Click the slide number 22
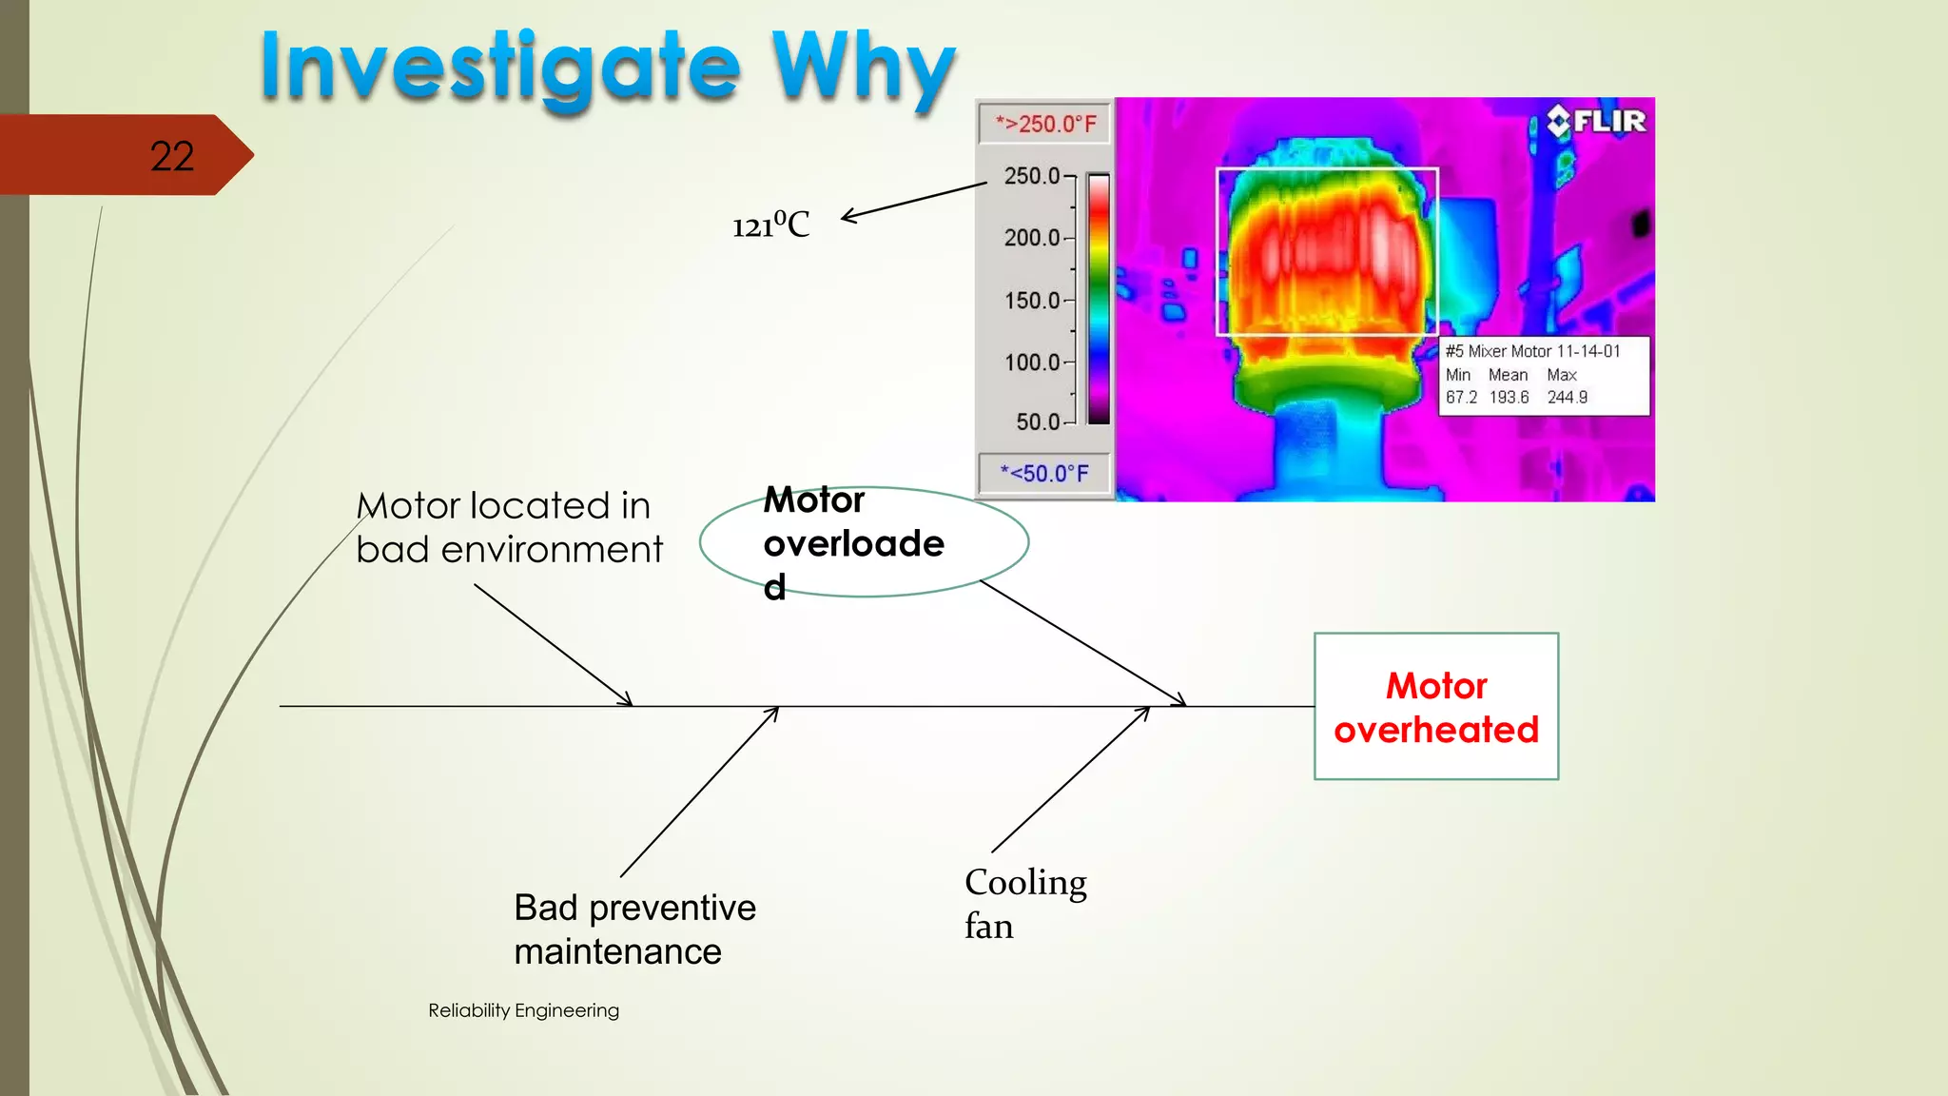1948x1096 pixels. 172,156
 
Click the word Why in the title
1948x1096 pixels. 862,68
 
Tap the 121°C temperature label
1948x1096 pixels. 771,225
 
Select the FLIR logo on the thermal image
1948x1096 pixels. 1597,122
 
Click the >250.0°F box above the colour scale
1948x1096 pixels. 1045,124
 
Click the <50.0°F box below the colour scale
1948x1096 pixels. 1044,473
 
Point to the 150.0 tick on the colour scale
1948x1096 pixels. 1033,301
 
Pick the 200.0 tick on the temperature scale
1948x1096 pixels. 1033,238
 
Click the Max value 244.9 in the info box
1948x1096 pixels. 1567,398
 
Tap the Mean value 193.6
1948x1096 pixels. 1509,398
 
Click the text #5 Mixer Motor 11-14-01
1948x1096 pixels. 1532,351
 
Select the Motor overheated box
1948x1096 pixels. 1435,707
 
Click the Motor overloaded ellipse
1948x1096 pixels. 864,542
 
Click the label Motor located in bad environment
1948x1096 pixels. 508,527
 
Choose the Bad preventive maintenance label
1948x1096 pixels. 634,930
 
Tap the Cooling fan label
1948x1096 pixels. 1024,903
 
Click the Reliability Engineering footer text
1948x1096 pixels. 523,1010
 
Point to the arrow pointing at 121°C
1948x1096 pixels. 913,202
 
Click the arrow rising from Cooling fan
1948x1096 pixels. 1071,780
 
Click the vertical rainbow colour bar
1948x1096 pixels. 1099,299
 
